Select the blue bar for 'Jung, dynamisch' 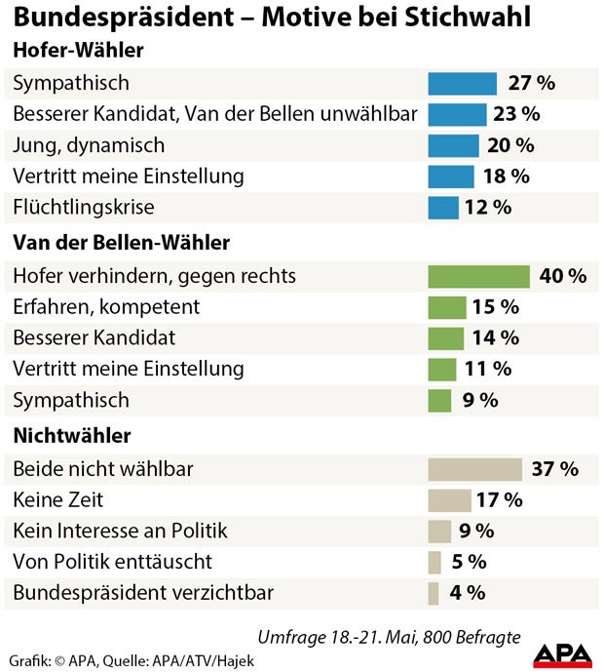point(454,145)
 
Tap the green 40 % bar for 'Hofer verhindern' point(479,276)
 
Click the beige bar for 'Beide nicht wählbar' point(475,469)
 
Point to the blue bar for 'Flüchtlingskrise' point(443,208)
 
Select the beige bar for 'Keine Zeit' point(450,500)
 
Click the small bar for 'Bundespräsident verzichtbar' point(434,593)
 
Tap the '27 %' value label point(531,83)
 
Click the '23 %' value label point(516,114)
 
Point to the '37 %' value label point(555,469)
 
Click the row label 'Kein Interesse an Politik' point(120,532)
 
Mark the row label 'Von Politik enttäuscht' point(112,563)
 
